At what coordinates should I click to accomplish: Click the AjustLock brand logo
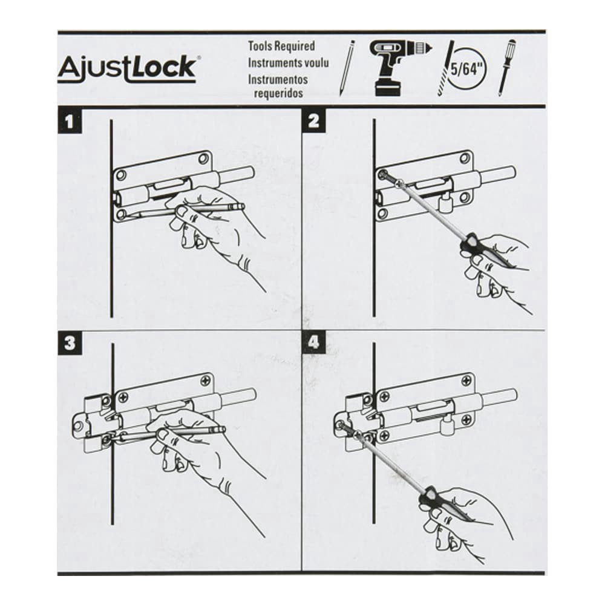[x=127, y=69]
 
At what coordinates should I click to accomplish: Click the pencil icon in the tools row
[x=347, y=68]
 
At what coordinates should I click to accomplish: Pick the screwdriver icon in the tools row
[x=506, y=67]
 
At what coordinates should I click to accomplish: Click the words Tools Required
[x=281, y=46]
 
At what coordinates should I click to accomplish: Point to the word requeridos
[x=278, y=93]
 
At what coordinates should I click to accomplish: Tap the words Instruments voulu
[x=288, y=62]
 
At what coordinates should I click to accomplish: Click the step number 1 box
[x=70, y=122]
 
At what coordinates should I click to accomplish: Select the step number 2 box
[x=313, y=121]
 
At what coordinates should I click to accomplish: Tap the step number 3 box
[x=70, y=343]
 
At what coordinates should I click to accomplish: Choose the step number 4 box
[x=313, y=342]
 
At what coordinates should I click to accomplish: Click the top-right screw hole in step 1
[x=203, y=159]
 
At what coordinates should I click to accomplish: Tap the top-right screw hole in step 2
[x=466, y=158]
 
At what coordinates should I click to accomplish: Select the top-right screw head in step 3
[x=204, y=382]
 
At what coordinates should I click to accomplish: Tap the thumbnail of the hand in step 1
[x=181, y=211]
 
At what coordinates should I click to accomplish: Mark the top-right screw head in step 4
[x=466, y=380]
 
